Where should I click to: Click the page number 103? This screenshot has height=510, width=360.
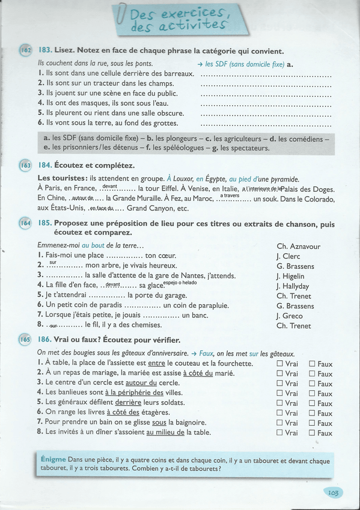click(x=334, y=493)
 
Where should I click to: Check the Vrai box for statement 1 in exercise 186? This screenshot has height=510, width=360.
click(x=280, y=363)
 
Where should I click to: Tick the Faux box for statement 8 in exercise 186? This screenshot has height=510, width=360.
click(x=313, y=432)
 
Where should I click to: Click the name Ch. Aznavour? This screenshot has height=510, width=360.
click(x=298, y=247)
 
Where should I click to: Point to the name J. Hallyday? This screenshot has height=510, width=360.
click(x=293, y=286)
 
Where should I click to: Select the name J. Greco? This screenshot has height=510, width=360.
click(x=290, y=316)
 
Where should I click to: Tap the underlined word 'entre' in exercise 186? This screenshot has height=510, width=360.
click(x=156, y=363)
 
